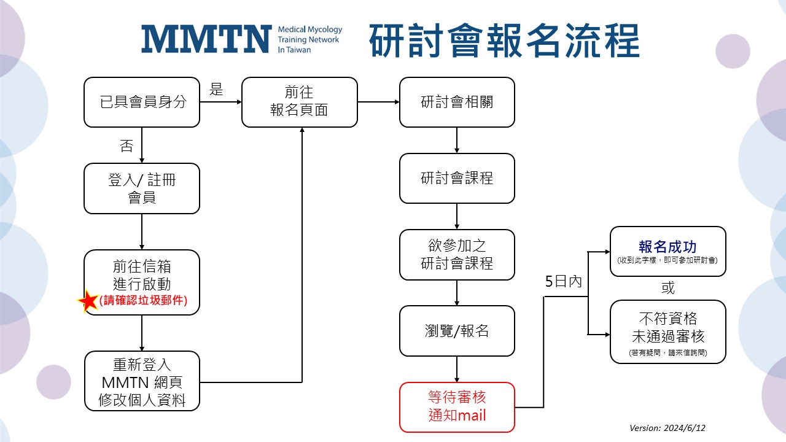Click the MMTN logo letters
tap(206, 39)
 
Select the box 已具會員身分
tap(142, 102)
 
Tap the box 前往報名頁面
tap(299, 102)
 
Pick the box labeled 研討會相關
tap(457, 102)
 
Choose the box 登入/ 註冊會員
tap(142, 188)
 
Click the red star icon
tap(88, 301)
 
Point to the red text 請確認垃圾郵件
tap(143, 301)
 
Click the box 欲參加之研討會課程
tap(457, 255)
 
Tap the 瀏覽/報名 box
tap(457, 331)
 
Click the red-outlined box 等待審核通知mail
tap(457, 407)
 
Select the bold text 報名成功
tap(667, 247)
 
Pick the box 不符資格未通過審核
tap(667, 331)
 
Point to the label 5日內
tap(563, 282)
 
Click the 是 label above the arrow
tap(216, 89)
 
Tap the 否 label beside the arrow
tap(126, 146)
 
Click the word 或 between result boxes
tap(667, 287)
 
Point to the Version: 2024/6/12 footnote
tap(672, 428)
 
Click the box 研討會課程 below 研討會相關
tap(457, 178)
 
